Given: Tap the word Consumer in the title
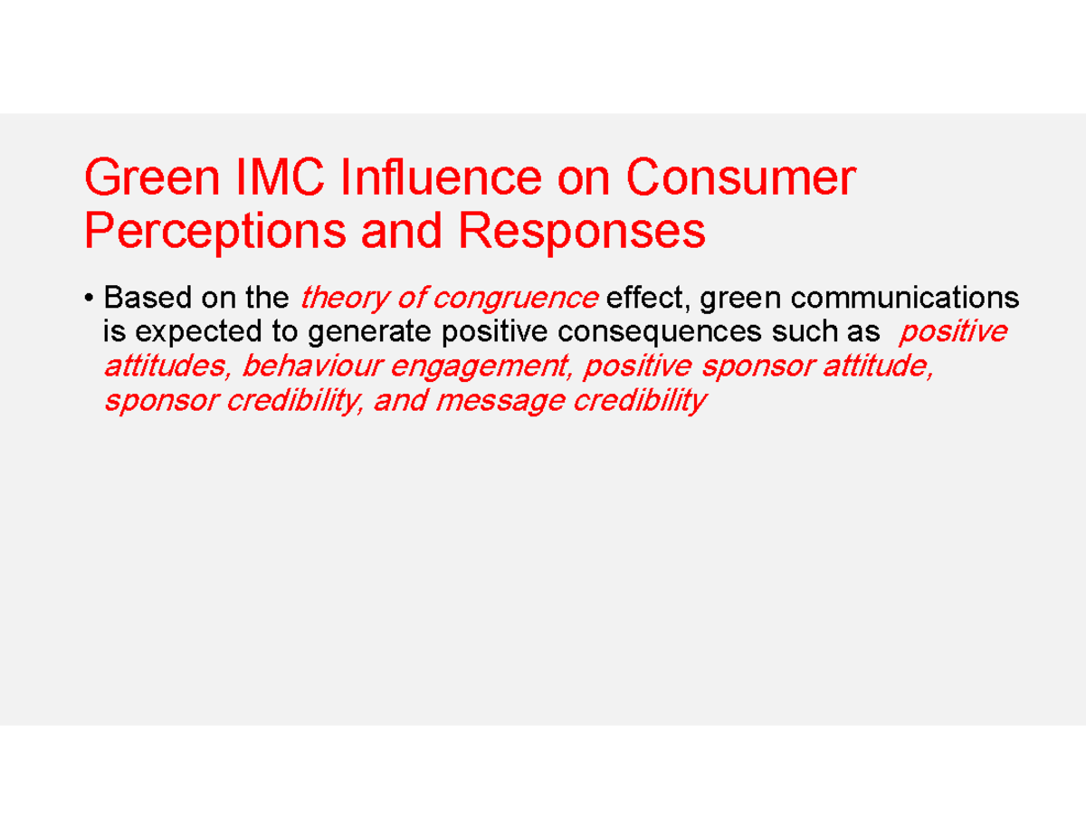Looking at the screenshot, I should coord(740,179).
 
